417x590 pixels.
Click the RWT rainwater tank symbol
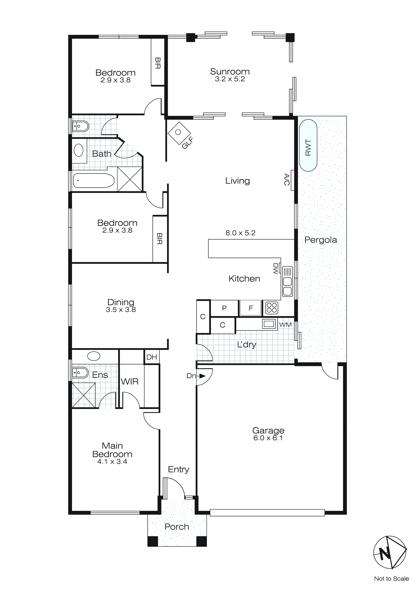coord(308,145)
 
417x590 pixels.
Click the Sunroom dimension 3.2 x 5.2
coord(230,79)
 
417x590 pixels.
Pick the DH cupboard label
coord(152,357)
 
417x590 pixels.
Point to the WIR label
coord(130,382)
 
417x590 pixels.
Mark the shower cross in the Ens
coord(84,395)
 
